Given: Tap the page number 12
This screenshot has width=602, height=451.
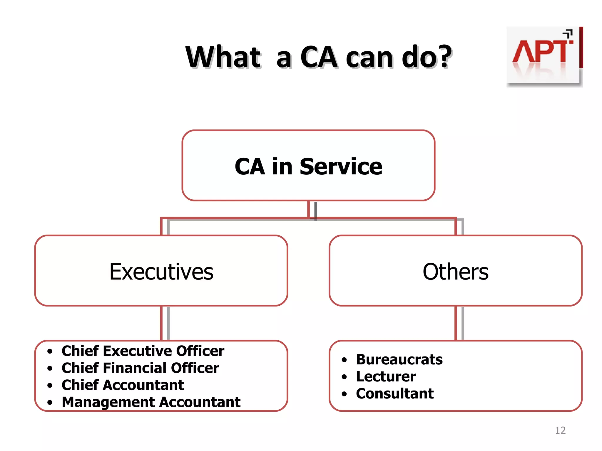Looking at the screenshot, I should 560,430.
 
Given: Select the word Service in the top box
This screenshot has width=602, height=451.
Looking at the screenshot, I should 341,166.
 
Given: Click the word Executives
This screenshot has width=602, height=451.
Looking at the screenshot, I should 161,272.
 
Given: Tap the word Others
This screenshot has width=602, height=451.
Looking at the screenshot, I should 456,272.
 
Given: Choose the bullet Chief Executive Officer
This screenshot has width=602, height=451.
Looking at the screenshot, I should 143,351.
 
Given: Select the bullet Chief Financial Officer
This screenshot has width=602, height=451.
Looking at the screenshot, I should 140,368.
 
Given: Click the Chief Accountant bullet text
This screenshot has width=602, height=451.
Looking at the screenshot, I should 123,385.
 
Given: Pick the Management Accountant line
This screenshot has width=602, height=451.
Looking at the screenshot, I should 151,402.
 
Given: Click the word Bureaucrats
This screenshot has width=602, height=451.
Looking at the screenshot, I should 399,359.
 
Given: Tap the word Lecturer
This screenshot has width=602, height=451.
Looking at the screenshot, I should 386,376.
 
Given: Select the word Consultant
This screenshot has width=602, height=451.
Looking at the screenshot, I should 395,393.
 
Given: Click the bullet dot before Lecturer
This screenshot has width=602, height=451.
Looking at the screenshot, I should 344,377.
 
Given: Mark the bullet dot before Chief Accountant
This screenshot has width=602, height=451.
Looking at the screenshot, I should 50,385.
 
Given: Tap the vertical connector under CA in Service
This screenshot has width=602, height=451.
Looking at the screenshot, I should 309,209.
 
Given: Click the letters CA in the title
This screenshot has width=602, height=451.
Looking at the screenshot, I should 319,57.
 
